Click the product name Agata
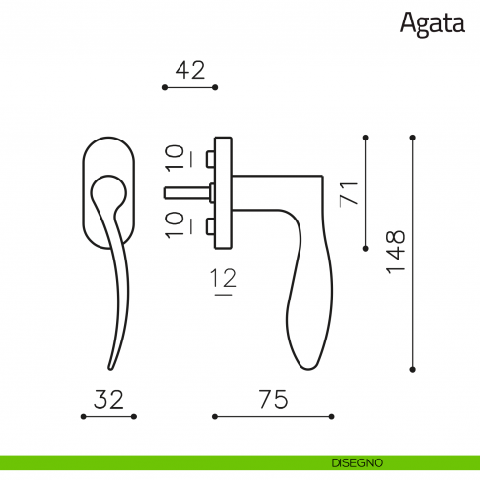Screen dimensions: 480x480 coord(432,24)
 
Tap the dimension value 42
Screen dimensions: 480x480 coord(190,70)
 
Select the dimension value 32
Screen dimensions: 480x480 coord(108,399)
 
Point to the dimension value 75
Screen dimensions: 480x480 coord(273,399)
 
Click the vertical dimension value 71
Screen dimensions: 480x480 coord(348,194)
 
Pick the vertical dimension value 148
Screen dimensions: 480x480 coord(396,253)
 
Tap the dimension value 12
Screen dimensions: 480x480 coord(223,278)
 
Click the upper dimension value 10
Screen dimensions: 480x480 coord(175,158)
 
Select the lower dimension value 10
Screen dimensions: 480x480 coord(175,225)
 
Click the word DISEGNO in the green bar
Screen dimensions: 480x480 coord(357,462)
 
